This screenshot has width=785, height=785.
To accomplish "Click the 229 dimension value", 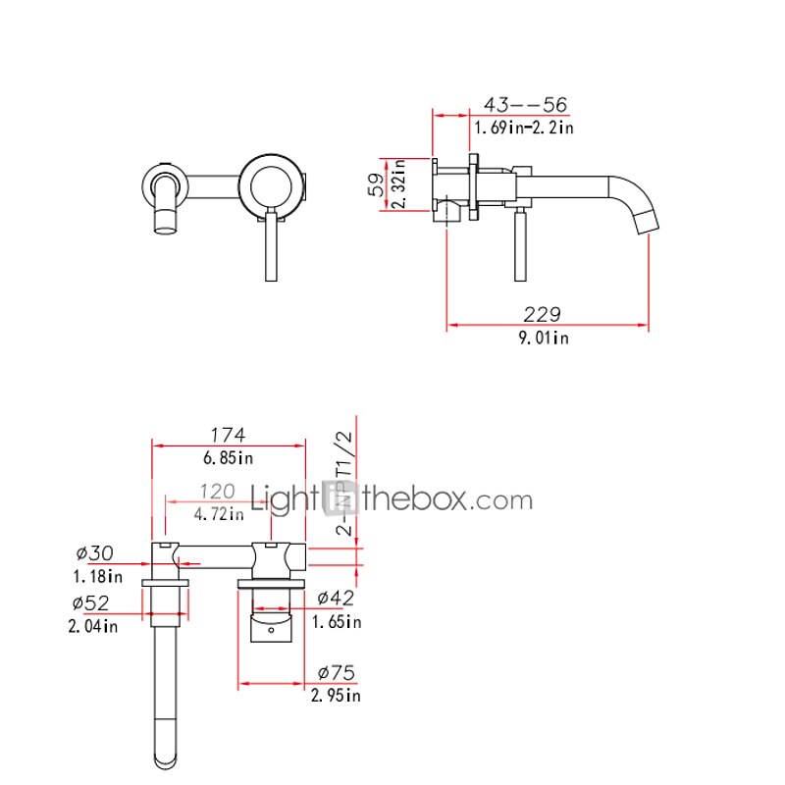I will pos(543,315).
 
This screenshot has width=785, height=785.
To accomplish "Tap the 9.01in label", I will pos(544,338).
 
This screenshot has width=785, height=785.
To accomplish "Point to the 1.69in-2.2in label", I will pos(523,128).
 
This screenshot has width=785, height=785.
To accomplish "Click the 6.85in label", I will pos(227,458).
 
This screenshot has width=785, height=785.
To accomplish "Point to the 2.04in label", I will pos(92,625).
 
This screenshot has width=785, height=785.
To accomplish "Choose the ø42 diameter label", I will pos(335,598).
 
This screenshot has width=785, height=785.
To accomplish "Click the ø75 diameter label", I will pos(337,673).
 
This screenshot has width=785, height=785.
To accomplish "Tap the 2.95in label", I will pos(336,696).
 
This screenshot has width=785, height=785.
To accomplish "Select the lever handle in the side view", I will pos(516,243).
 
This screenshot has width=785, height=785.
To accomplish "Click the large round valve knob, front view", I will pos(272,183).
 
